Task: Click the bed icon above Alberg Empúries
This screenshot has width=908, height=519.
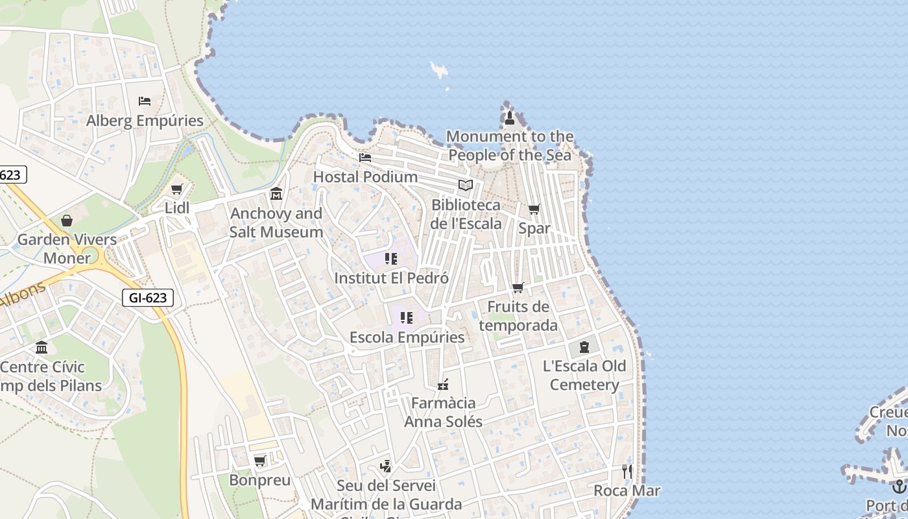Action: click(145, 101)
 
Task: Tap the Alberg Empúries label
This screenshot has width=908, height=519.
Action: click(145, 121)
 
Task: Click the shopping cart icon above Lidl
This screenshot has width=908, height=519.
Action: click(176, 189)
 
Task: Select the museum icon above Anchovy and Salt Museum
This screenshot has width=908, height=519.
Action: click(276, 194)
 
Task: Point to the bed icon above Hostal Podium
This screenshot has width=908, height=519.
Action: click(365, 157)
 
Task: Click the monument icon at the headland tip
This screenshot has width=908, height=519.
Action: click(510, 118)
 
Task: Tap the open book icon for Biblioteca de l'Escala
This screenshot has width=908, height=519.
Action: click(466, 186)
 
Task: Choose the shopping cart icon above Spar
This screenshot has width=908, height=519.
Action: click(534, 209)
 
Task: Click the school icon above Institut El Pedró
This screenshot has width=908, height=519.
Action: click(390, 259)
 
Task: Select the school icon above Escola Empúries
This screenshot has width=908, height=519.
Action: click(407, 318)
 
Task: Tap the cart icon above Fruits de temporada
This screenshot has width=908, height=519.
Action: click(518, 287)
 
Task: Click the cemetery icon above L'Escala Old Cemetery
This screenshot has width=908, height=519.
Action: click(584, 346)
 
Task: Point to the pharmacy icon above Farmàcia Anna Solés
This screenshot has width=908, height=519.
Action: click(443, 384)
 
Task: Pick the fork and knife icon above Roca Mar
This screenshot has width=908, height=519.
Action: click(627, 471)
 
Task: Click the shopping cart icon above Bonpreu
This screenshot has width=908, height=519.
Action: click(259, 461)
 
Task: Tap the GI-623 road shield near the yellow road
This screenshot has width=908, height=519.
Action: click(148, 298)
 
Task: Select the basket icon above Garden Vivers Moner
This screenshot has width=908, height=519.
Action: click(67, 221)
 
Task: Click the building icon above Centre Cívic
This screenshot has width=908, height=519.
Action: click(42, 347)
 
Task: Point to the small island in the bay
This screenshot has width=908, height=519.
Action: click(439, 69)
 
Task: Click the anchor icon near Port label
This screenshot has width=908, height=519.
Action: click(898, 486)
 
